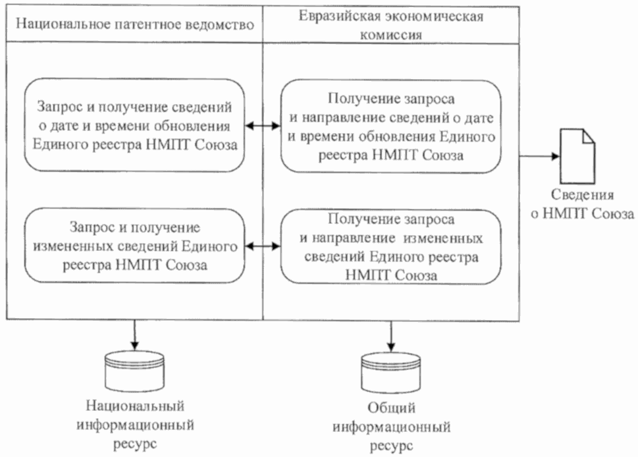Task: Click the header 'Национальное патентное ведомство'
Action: [134, 24]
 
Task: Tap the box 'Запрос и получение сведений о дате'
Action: [134, 126]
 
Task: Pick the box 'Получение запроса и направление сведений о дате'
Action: [390, 126]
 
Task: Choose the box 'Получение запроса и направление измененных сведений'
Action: [390, 247]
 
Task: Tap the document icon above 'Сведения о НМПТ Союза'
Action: [577, 157]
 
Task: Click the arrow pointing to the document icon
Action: [540, 157]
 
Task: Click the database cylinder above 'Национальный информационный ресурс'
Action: [134, 371]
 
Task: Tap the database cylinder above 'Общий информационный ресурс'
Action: [391, 373]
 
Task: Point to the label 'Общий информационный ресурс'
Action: [391, 427]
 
